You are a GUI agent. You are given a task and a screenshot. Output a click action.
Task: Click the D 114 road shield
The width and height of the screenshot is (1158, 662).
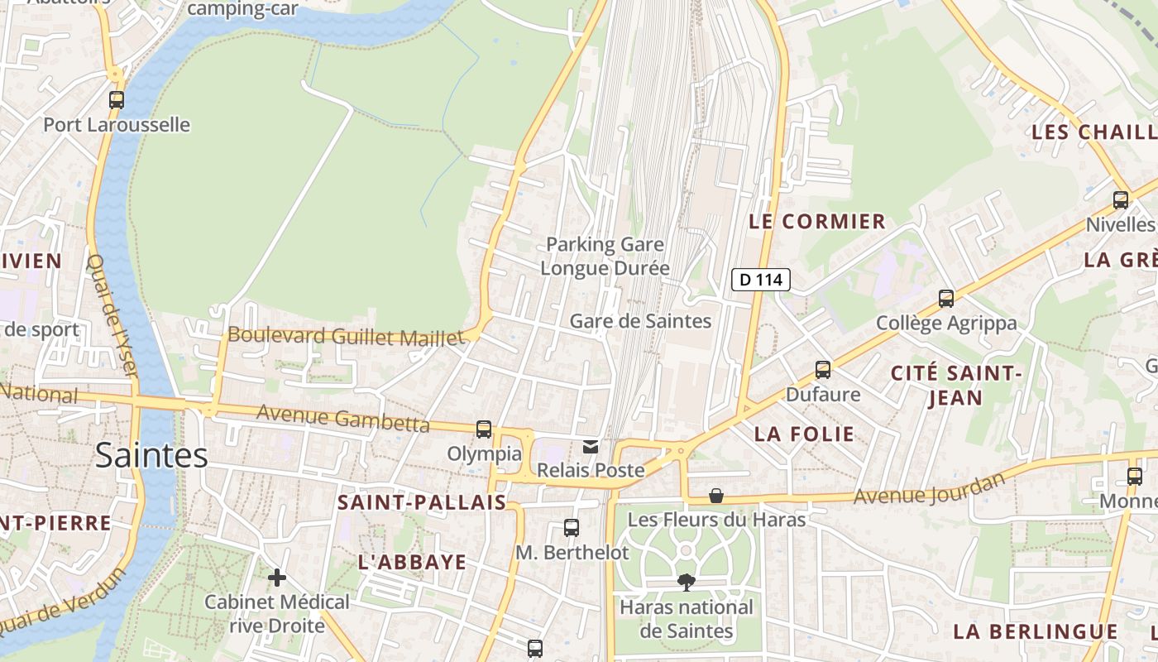pyautogui.click(x=760, y=280)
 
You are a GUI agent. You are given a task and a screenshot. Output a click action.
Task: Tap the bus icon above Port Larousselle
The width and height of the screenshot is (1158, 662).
pyautogui.click(x=117, y=100)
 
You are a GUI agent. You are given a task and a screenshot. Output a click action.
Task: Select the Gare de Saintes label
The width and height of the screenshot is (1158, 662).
pyautogui.click(x=640, y=321)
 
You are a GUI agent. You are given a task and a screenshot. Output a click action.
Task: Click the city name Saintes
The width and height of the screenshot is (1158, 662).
pyautogui.click(x=151, y=455)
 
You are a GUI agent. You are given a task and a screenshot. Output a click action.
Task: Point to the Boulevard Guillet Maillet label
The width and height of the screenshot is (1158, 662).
pyautogui.click(x=346, y=336)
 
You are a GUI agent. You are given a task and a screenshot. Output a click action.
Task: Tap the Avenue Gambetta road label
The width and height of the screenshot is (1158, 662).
pyautogui.click(x=342, y=418)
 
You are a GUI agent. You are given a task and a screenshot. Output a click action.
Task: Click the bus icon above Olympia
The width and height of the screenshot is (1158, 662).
pyautogui.click(x=484, y=429)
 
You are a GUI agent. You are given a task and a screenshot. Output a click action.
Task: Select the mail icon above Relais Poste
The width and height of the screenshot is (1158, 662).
pyautogui.click(x=591, y=447)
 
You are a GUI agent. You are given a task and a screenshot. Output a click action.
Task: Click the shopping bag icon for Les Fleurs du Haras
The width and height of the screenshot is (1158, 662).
pyautogui.click(x=716, y=496)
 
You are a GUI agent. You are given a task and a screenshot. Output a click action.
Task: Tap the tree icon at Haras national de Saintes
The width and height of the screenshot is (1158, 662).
pyautogui.click(x=686, y=583)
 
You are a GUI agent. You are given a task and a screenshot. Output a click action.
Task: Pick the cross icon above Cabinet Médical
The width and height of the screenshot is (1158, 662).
pyautogui.click(x=277, y=577)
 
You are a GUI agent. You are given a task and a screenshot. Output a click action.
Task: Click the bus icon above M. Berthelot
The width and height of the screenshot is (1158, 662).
pyautogui.click(x=572, y=527)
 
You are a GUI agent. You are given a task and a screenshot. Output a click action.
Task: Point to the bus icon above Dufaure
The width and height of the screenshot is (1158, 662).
pyautogui.click(x=822, y=370)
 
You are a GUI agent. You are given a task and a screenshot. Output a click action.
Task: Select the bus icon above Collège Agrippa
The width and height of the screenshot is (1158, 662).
pyautogui.click(x=946, y=299)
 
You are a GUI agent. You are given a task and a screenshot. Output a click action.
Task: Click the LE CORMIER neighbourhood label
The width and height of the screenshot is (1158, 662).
pyautogui.click(x=817, y=222)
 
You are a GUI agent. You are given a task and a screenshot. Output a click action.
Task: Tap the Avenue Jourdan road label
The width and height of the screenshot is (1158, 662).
pyautogui.click(x=929, y=489)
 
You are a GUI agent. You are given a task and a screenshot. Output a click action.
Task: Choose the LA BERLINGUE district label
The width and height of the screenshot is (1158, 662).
pyautogui.click(x=1036, y=631)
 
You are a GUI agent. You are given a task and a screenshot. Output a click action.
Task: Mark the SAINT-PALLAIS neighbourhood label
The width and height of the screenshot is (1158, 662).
pyautogui.click(x=422, y=502)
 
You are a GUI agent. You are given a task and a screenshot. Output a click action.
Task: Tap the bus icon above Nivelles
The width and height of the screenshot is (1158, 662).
pyautogui.click(x=1121, y=200)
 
